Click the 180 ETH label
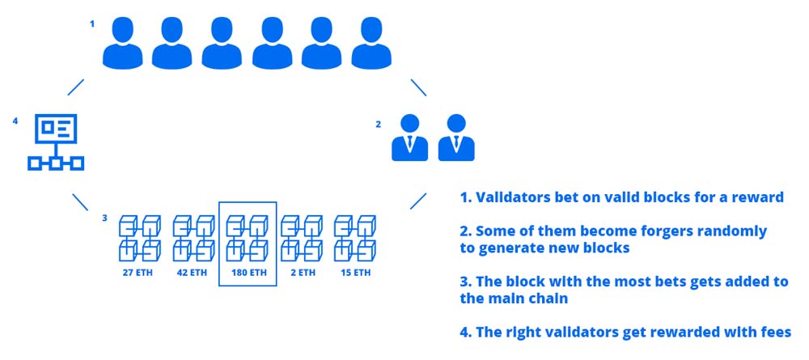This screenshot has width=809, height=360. (x=248, y=273)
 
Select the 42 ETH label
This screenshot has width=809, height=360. (x=193, y=273)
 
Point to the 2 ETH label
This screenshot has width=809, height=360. (x=302, y=273)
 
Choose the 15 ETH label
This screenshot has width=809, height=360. (x=354, y=273)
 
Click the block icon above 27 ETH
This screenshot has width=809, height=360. (x=140, y=237)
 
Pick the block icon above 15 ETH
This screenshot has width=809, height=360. (x=354, y=237)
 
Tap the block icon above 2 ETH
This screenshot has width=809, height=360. (x=302, y=237)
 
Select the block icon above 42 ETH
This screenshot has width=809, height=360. (x=193, y=237)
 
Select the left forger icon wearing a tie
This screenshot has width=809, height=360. (x=409, y=138)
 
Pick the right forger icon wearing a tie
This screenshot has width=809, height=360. (x=455, y=138)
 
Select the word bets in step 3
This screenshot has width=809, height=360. (x=628, y=281)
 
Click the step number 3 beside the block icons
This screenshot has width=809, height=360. (x=104, y=217)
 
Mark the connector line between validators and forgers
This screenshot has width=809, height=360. (x=418, y=87)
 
